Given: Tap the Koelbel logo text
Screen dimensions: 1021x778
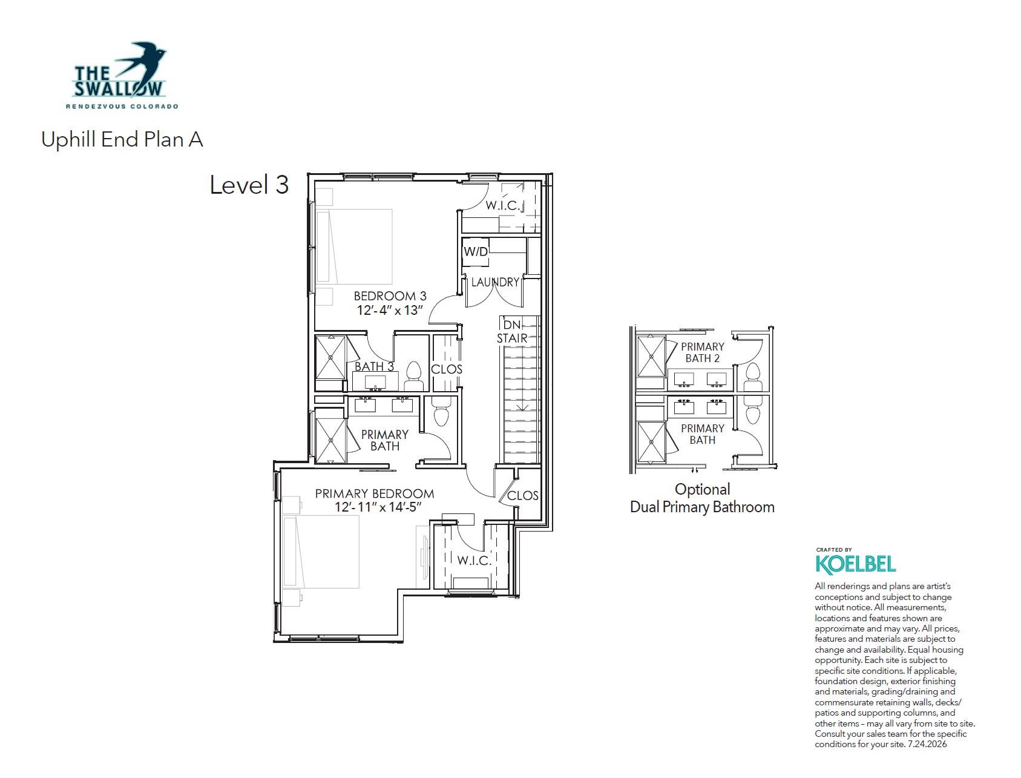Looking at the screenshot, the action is pyautogui.click(x=856, y=564).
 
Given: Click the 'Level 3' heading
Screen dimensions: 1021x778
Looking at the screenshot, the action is pyautogui.click(x=249, y=185).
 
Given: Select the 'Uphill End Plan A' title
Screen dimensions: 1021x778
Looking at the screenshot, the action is pyautogui.click(x=122, y=139).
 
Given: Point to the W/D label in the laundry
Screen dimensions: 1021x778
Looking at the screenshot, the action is pyautogui.click(x=476, y=251).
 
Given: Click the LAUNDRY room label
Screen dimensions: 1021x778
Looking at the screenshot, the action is pyautogui.click(x=495, y=282).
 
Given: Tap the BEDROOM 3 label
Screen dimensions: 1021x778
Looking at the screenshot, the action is pyautogui.click(x=390, y=296).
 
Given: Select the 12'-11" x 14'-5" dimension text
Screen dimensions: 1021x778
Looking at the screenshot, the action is pyautogui.click(x=378, y=507).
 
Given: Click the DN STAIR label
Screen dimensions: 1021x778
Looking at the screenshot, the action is pyautogui.click(x=512, y=332).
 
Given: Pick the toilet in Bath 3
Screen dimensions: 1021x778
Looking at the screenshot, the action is pyautogui.click(x=414, y=377).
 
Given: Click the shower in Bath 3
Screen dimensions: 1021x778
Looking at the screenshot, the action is pyautogui.click(x=330, y=358).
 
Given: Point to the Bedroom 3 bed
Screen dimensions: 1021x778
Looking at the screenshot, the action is pyautogui.click(x=354, y=246).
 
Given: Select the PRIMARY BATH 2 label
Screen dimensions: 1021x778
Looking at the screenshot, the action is pyautogui.click(x=702, y=352).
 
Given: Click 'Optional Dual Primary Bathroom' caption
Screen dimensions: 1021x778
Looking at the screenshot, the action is pyautogui.click(x=702, y=498).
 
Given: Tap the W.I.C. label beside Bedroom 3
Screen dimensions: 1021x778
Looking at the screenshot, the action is pyautogui.click(x=502, y=206).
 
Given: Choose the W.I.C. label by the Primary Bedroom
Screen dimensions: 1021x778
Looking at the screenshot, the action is pyautogui.click(x=474, y=561).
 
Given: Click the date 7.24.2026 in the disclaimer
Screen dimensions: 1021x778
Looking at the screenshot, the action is pyautogui.click(x=927, y=744).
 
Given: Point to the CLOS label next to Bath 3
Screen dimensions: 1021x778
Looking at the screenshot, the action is pyautogui.click(x=447, y=369).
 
